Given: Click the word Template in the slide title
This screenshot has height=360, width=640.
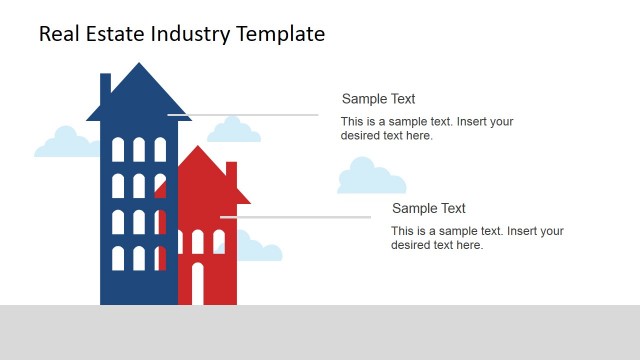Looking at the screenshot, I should point(280,34).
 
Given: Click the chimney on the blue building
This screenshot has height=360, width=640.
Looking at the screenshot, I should point(105,88).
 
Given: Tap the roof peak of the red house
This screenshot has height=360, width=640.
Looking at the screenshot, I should point(201,149).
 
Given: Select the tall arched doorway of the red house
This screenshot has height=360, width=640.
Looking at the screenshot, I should point(197,284).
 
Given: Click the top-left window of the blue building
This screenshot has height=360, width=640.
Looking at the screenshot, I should point(118,150).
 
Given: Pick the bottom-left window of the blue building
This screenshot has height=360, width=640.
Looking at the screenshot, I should point(118,258).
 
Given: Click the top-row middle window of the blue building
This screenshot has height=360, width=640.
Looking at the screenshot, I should point(139,150).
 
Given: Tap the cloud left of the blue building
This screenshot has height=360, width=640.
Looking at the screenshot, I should point(65,144).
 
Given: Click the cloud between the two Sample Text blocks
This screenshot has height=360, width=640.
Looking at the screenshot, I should point(370,177).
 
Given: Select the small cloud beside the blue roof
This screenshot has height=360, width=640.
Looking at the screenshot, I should point(234,130).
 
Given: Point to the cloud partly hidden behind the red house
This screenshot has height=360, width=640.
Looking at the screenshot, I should point(260,249).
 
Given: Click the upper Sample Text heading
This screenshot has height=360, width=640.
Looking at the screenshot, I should point(378,99).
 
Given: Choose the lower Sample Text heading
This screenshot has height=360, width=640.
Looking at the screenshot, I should point(428,208).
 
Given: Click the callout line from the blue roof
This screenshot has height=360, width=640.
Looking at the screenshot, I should point(250,115).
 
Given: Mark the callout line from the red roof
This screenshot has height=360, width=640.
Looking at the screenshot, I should point(300,217).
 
